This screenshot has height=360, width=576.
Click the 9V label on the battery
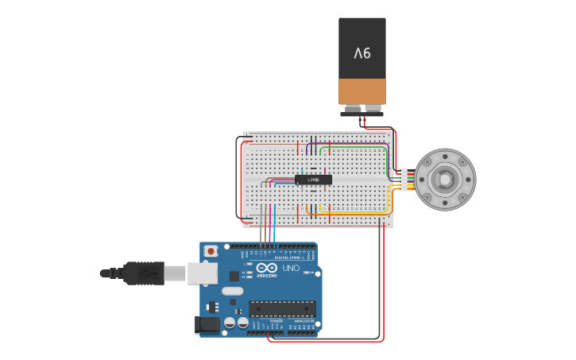coord(362,53)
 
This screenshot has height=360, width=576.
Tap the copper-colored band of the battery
coord(362,91)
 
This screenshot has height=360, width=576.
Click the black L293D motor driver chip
coord(313,180)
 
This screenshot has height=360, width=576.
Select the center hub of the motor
coord(446,180)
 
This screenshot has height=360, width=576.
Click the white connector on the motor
coord(404,180)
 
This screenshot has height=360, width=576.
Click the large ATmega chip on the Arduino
coord(282,308)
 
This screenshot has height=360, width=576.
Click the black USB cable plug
coord(144,273)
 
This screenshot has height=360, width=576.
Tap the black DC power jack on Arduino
coord(208,324)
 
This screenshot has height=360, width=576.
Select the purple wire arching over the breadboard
coord(350,143)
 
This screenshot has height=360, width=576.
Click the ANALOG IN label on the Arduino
coord(303,321)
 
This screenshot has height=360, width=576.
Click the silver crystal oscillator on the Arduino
coord(232,291)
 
